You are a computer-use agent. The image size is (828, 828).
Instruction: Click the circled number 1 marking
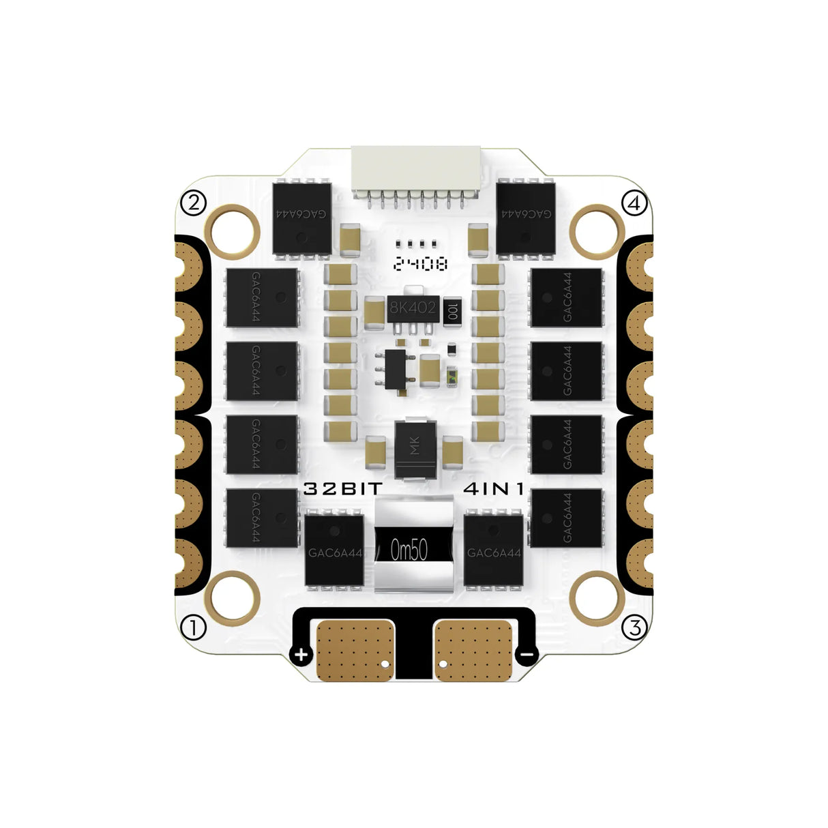pos(194,627)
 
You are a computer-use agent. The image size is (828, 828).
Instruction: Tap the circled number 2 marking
pos(194,203)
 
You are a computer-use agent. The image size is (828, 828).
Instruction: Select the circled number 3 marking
pos(636,627)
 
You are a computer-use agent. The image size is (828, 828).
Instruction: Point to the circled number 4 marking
pos(635,203)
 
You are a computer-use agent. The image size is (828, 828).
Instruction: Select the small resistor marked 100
pos(452,310)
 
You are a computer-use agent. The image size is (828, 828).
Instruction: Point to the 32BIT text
pos(343,489)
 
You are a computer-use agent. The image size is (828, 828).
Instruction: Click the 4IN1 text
pos(498,489)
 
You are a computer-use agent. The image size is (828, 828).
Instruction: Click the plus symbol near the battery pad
pos(301,655)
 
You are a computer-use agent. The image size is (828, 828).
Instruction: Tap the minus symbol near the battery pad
pos(527,655)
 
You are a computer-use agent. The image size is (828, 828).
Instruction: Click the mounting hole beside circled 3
pos(595,597)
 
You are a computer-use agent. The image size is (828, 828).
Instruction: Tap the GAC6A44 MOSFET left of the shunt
pos(334,550)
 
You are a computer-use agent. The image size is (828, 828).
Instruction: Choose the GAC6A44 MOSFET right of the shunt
pos(493,550)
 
